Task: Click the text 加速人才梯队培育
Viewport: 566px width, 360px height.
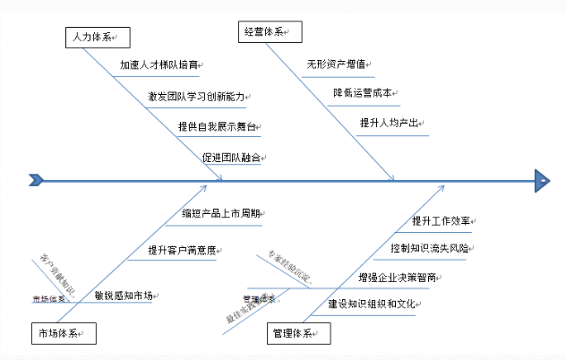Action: (x=159, y=65)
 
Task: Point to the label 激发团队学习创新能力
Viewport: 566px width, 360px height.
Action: (x=194, y=97)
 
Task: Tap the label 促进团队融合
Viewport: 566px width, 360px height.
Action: (x=231, y=158)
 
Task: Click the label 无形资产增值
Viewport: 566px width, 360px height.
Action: (x=336, y=64)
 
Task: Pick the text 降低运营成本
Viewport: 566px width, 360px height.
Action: (x=362, y=92)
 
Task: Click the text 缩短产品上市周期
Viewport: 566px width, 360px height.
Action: (x=221, y=214)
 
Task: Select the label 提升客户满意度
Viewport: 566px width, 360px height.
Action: (x=182, y=250)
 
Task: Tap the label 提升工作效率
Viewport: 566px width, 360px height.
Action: (x=441, y=220)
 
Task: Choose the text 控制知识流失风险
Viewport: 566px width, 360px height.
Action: (x=428, y=247)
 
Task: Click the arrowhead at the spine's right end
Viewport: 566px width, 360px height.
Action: (x=543, y=180)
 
